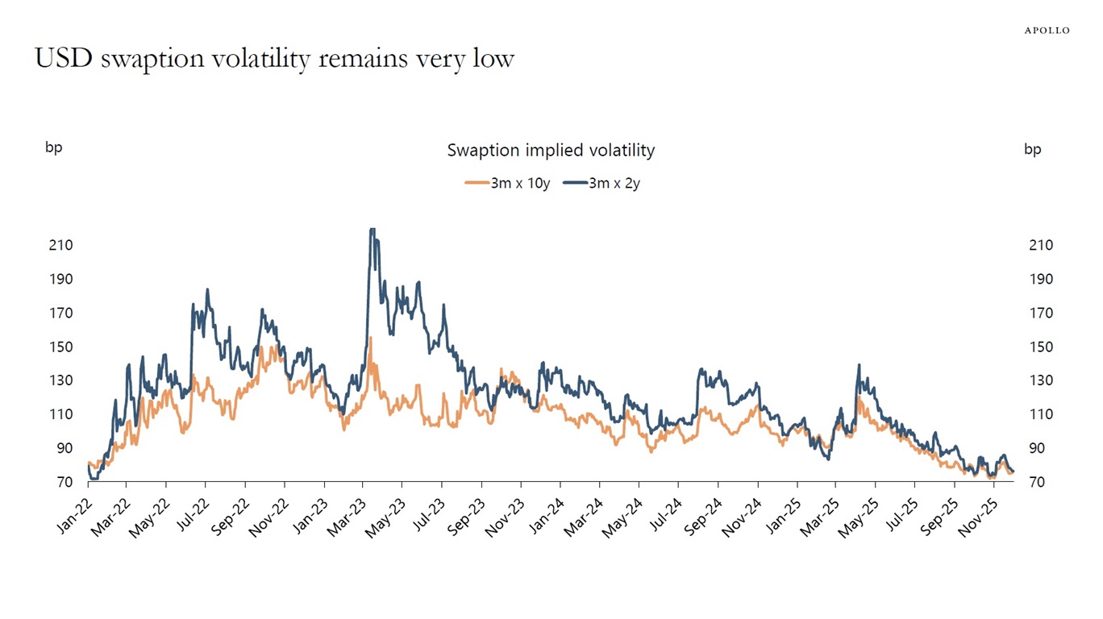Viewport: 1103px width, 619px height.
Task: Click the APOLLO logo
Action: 1047,31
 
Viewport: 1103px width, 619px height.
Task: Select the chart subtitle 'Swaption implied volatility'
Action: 551,150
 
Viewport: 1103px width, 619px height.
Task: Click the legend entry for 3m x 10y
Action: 508,183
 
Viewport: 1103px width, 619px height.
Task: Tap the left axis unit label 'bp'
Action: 53,147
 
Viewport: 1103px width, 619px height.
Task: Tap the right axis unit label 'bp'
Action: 1032,149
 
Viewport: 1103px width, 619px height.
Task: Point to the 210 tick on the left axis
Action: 61,245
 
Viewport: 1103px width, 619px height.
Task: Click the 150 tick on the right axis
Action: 1040,347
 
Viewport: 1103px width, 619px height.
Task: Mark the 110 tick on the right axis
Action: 1040,414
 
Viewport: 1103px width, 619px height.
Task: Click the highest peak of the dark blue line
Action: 372,230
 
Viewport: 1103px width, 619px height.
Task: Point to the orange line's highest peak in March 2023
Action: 370,338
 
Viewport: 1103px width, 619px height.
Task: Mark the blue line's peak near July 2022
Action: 207,289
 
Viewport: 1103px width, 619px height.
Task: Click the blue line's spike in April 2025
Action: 859,365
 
